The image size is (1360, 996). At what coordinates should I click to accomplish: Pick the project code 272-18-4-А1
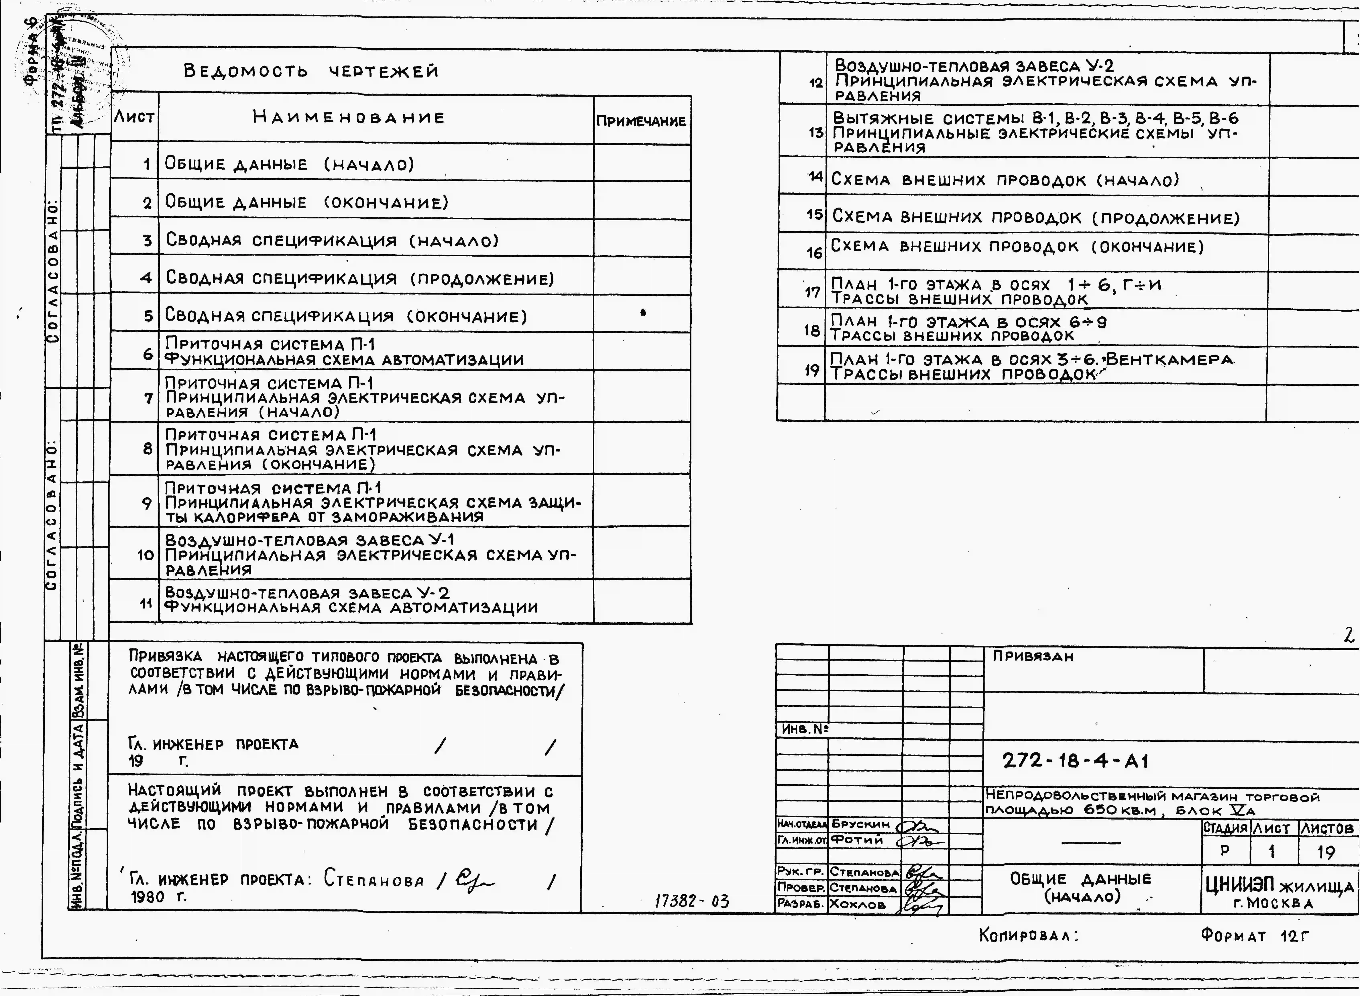coord(1076,761)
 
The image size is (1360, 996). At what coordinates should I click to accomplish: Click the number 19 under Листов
coord(1326,852)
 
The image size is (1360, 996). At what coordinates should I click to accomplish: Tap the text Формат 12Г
coord(1255,936)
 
